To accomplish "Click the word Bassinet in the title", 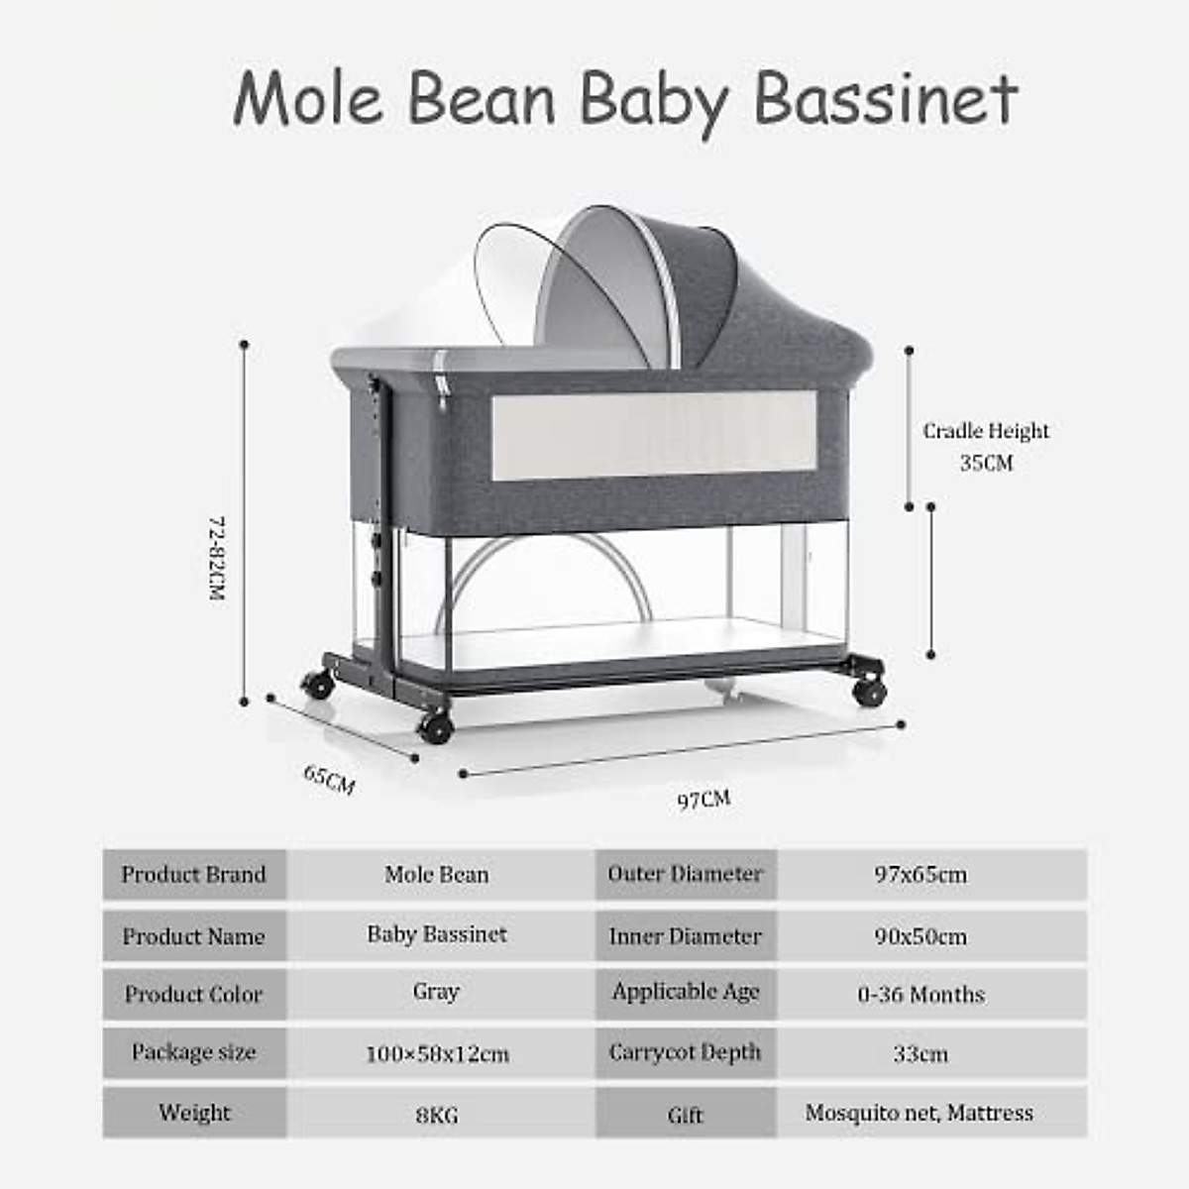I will pos(885,99).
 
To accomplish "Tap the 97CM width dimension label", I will pos(703,799).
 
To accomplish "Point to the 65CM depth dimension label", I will pos(329,779).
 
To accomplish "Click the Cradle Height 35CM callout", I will pos(986,446).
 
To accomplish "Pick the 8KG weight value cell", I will pos(437,1115).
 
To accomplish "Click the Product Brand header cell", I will pos(194,875).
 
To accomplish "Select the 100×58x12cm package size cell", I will pos(437,1053).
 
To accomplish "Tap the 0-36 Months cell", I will pos(920,995).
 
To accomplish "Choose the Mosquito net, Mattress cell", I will pos(919,1113).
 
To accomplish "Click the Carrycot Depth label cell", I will pos(686,1052).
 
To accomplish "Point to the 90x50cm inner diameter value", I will pos(920,936).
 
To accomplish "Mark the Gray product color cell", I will pos(437,992).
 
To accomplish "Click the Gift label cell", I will pos(686,1115).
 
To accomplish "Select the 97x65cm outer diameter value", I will pos(920,875).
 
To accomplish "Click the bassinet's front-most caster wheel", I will pos(436,728).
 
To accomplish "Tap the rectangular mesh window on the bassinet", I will pos(654,436).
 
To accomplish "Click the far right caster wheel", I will pos(869,691).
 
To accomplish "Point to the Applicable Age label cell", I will pos(686,992).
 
